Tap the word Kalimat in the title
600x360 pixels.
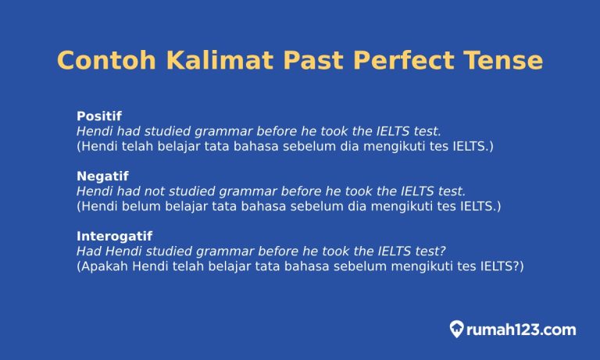[x=202, y=61]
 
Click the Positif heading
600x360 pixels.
[x=99, y=116]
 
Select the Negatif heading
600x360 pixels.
[x=102, y=176]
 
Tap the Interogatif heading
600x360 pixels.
[x=114, y=235]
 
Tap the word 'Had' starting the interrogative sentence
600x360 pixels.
[x=88, y=251]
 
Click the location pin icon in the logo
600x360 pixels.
[x=457, y=329]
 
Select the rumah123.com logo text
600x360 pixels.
[x=521, y=330]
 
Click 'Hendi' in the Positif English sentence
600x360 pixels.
[x=94, y=131]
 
